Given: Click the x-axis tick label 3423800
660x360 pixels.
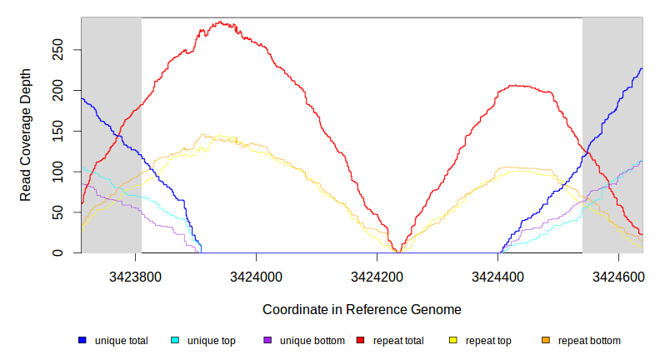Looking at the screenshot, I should click(x=135, y=277).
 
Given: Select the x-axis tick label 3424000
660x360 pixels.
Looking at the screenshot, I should click(x=257, y=277).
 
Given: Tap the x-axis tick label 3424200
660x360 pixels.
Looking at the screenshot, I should click(x=377, y=277).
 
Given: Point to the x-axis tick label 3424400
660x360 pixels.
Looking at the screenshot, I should click(x=497, y=277).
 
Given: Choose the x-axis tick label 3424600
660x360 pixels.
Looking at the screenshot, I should click(x=618, y=277).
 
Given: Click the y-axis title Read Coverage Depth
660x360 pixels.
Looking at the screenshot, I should click(x=26, y=135).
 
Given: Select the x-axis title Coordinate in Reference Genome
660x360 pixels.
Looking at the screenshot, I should click(x=362, y=309).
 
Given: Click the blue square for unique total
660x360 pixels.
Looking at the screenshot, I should click(x=82, y=341).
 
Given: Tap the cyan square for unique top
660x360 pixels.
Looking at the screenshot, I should click(x=175, y=341).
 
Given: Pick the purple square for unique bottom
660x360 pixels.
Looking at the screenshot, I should click(x=267, y=341).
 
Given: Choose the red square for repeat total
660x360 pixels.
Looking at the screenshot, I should click(x=360, y=341).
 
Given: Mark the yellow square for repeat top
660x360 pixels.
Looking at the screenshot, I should click(x=453, y=341).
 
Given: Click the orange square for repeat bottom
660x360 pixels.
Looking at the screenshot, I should click(x=546, y=341).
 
